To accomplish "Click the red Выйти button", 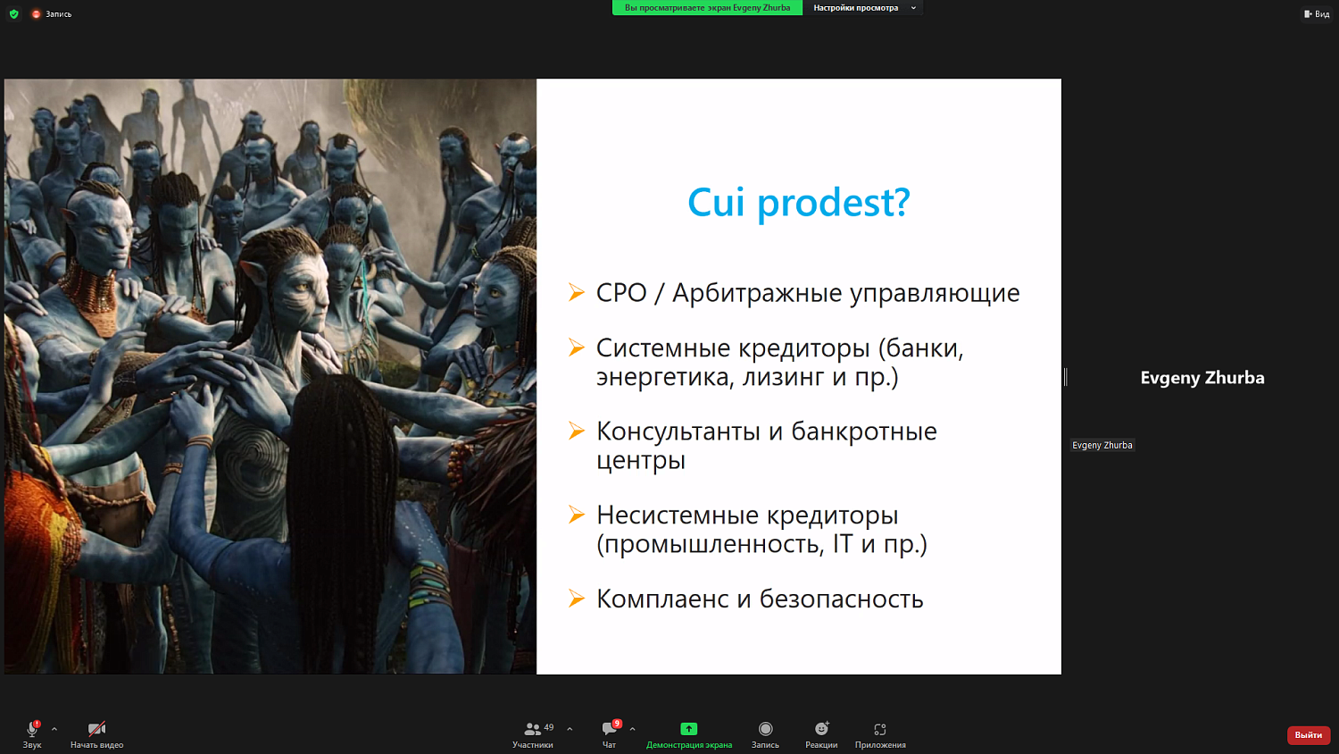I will (1308, 734).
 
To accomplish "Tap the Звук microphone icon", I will (32, 729).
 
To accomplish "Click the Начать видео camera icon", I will (96, 729).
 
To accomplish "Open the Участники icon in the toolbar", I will (532, 729).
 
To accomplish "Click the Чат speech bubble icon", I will (609, 729).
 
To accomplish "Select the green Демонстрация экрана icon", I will (688, 729).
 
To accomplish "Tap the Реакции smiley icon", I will (821, 729).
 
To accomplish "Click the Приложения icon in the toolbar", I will (880, 729).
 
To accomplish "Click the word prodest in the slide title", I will (833, 203).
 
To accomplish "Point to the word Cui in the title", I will (715, 203).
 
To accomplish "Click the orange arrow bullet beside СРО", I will (577, 292).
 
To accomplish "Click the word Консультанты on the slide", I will (678, 431).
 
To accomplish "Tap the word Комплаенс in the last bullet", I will (662, 599).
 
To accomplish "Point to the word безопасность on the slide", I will (841, 599).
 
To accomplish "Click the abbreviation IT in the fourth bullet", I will (842, 543).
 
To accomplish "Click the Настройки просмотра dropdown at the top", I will (862, 8).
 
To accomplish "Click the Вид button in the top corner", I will (1317, 13).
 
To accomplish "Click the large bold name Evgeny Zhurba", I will (1202, 378).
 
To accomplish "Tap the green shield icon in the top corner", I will (13, 13).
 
